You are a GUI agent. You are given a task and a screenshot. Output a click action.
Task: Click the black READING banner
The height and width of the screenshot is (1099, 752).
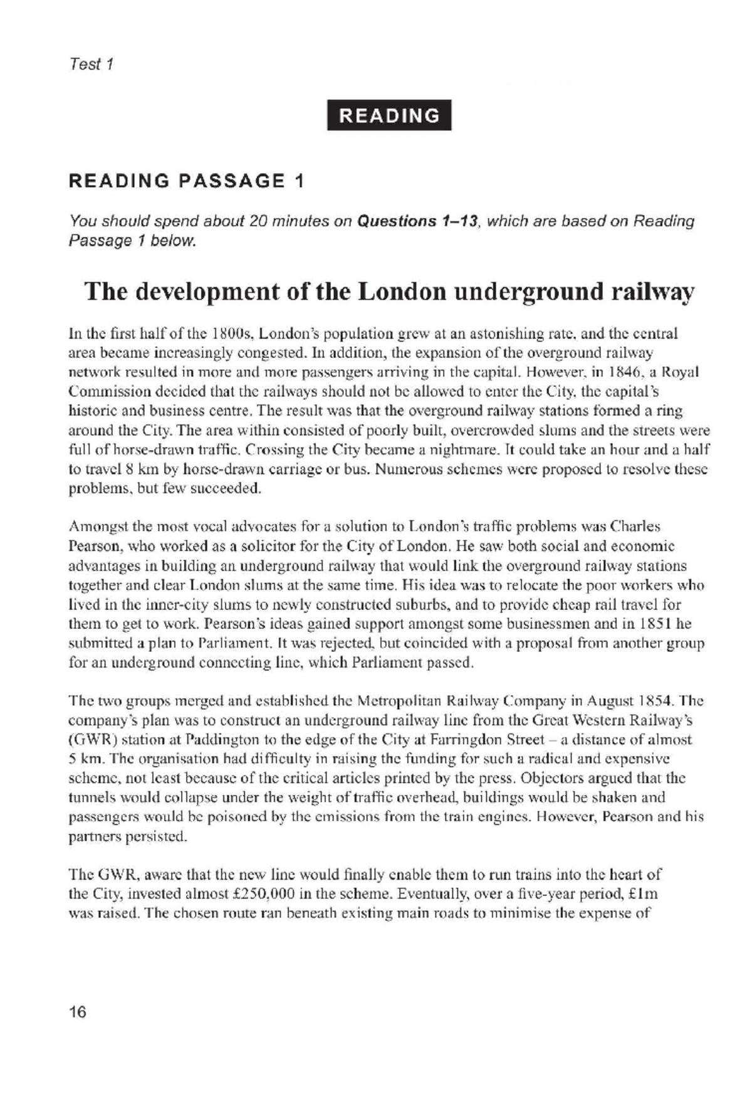click(389, 115)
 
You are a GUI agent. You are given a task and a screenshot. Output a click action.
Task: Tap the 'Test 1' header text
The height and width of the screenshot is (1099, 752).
click(91, 64)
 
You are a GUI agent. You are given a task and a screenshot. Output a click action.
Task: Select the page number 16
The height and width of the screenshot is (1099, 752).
click(78, 1011)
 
